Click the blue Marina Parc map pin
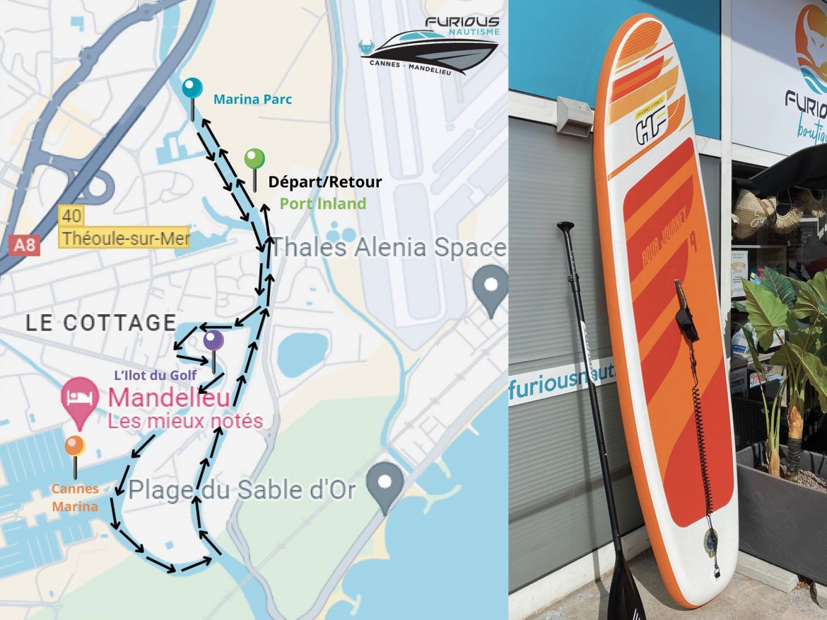(192, 89)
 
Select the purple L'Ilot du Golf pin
(213, 342)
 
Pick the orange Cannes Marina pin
(74, 447)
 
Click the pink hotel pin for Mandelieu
(79, 400)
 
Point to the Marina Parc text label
(252, 100)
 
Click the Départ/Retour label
(324, 182)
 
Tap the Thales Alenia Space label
(388, 248)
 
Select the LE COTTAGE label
(100, 323)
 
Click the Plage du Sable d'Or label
(242, 489)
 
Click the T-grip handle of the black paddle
(565, 228)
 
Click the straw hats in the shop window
(756, 212)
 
